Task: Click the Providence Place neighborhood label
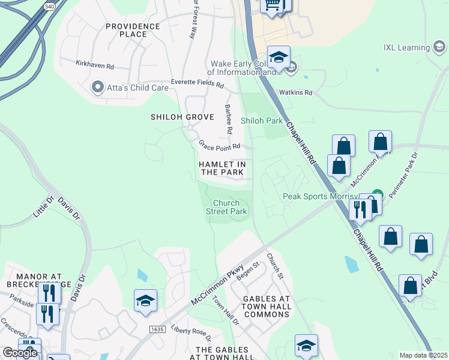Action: pyautogui.click(x=133, y=30)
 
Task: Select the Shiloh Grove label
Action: pyautogui.click(x=174, y=117)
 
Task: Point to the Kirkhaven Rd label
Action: pyautogui.click(x=95, y=62)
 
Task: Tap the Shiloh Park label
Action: pyautogui.click(x=262, y=121)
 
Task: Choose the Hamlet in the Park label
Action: pyautogui.click(x=223, y=168)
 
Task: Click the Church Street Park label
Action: pyautogui.click(x=226, y=207)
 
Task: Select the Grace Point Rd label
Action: pyautogui.click(x=220, y=146)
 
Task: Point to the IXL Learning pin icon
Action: pyautogui.click(x=439, y=47)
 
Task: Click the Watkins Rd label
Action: pyautogui.click(x=295, y=92)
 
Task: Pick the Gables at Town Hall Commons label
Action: pyautogui.click(x=268, y=307)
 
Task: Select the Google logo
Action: pyautogui.click(x=20, y=353)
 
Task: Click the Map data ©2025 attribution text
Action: pyautogui.click(x=423, y=355)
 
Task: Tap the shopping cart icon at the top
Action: pyautogui.click(x=272, y=5)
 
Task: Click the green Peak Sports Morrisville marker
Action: pyautogui.click(x=377, y=194)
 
